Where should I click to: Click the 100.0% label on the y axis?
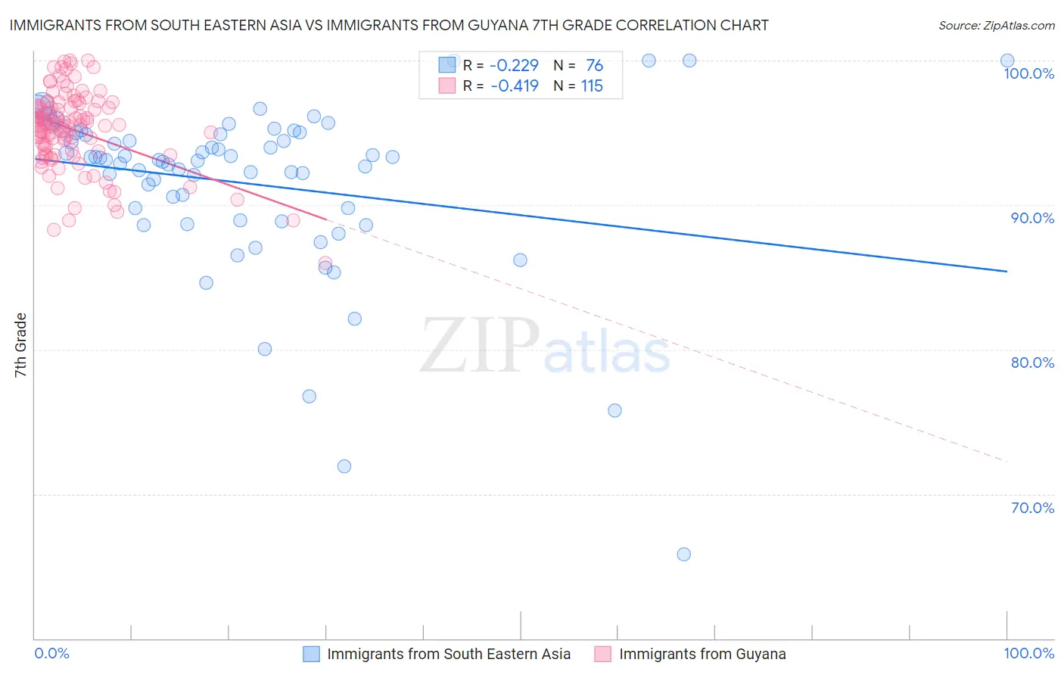tap(1028, 73)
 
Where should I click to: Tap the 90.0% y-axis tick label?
tap(1032, 218)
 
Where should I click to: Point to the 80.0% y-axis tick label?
tap(1032, 362)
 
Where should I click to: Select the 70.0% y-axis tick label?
tap(1032, 508)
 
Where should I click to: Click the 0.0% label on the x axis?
tap(52, 653)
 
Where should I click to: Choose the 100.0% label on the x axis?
tap(1028, 653)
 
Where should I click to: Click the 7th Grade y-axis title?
tap(20, 345)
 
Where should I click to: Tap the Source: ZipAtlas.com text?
tap(996, 26)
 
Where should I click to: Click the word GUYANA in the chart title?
tap(490, 26)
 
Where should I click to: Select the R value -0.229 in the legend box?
tap(515, 66)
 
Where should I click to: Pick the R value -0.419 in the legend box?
tap(515, 86)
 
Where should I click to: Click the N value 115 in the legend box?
tap(592, 86)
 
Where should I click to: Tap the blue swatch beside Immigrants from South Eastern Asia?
tap(311, 654)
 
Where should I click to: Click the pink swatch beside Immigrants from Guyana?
tap(602, 654)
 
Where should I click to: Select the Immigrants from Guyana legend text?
tap(702, 654)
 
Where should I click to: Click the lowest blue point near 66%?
tap(683, 554)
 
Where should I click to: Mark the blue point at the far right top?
tap(1006, 61)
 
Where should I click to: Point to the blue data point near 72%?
tap(344, 466)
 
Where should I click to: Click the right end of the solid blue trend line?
tap(1006, 271)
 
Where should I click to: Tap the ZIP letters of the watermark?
tap(480, 347)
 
